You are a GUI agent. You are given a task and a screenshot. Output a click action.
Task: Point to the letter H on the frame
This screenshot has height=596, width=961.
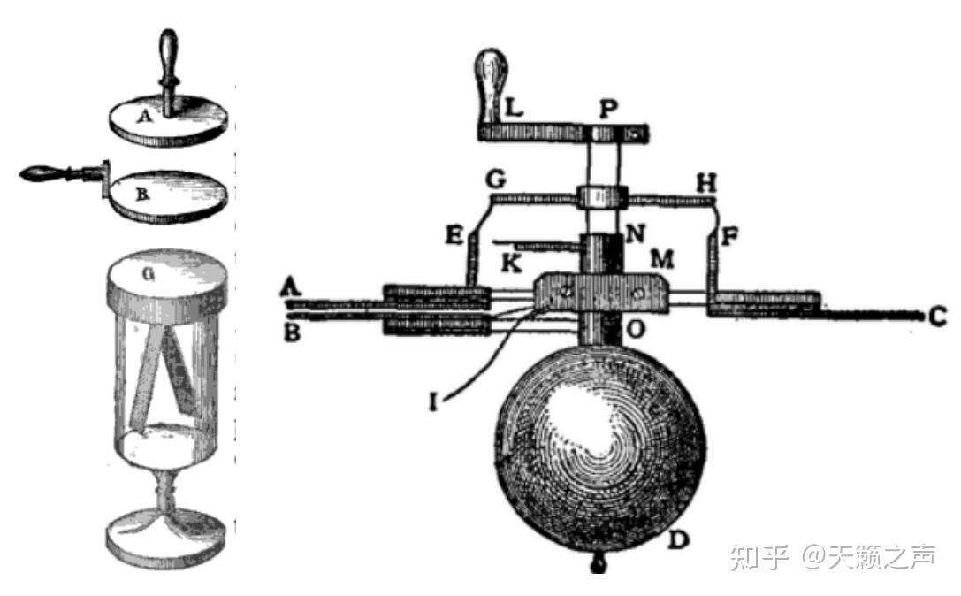coord(705,182)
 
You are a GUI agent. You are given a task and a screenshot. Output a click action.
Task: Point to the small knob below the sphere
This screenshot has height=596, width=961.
coord(599,564)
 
